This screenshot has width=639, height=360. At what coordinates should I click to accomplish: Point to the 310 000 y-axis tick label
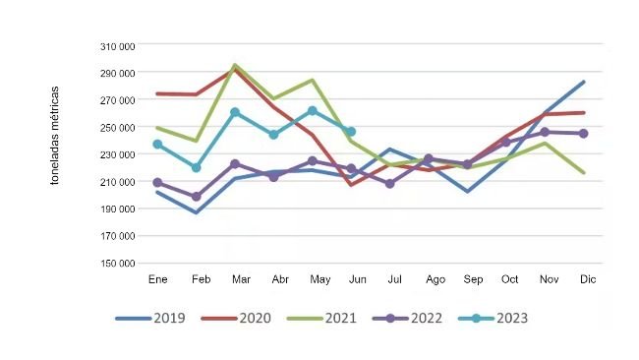click(x=118, y=45)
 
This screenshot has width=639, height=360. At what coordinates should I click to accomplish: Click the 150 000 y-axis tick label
click(x=118, y=263)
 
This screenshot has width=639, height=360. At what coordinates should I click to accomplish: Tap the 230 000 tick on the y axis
click(x=118, y=154)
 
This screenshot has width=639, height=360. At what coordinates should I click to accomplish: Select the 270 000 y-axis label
click(x=118, y=99)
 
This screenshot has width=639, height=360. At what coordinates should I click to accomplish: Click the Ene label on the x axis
click(x=157, y=279)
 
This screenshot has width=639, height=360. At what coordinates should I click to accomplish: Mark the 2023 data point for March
click(x=235, y=112)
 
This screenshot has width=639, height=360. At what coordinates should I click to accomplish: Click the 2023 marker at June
click(x=351, y=132)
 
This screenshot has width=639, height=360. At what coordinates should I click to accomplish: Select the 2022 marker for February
click(x=196, y=197)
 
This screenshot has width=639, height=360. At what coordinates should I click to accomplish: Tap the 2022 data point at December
click(x=584, y=133)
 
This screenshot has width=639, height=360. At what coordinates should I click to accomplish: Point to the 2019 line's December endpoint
click(x=584, y=82)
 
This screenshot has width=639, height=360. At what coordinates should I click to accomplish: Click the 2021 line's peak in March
click(x=235, y=66)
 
